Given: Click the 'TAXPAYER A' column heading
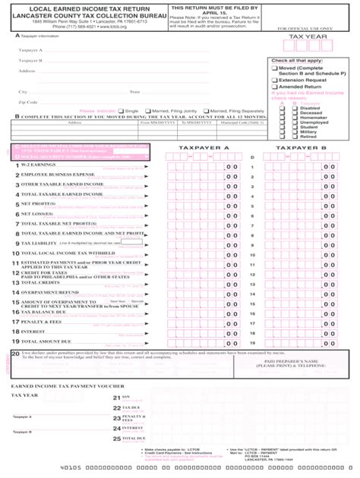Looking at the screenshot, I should [203, 148].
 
